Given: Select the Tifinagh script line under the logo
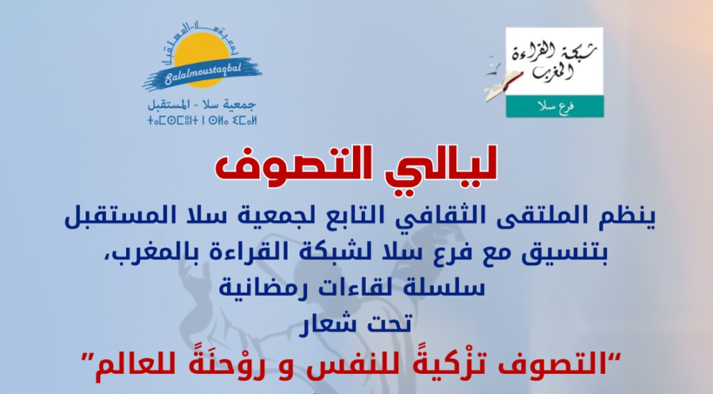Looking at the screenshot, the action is (x=203, y=121).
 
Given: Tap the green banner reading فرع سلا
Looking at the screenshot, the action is (x=555, y=107).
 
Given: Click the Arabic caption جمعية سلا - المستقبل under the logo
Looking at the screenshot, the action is (x=202, y=105).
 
